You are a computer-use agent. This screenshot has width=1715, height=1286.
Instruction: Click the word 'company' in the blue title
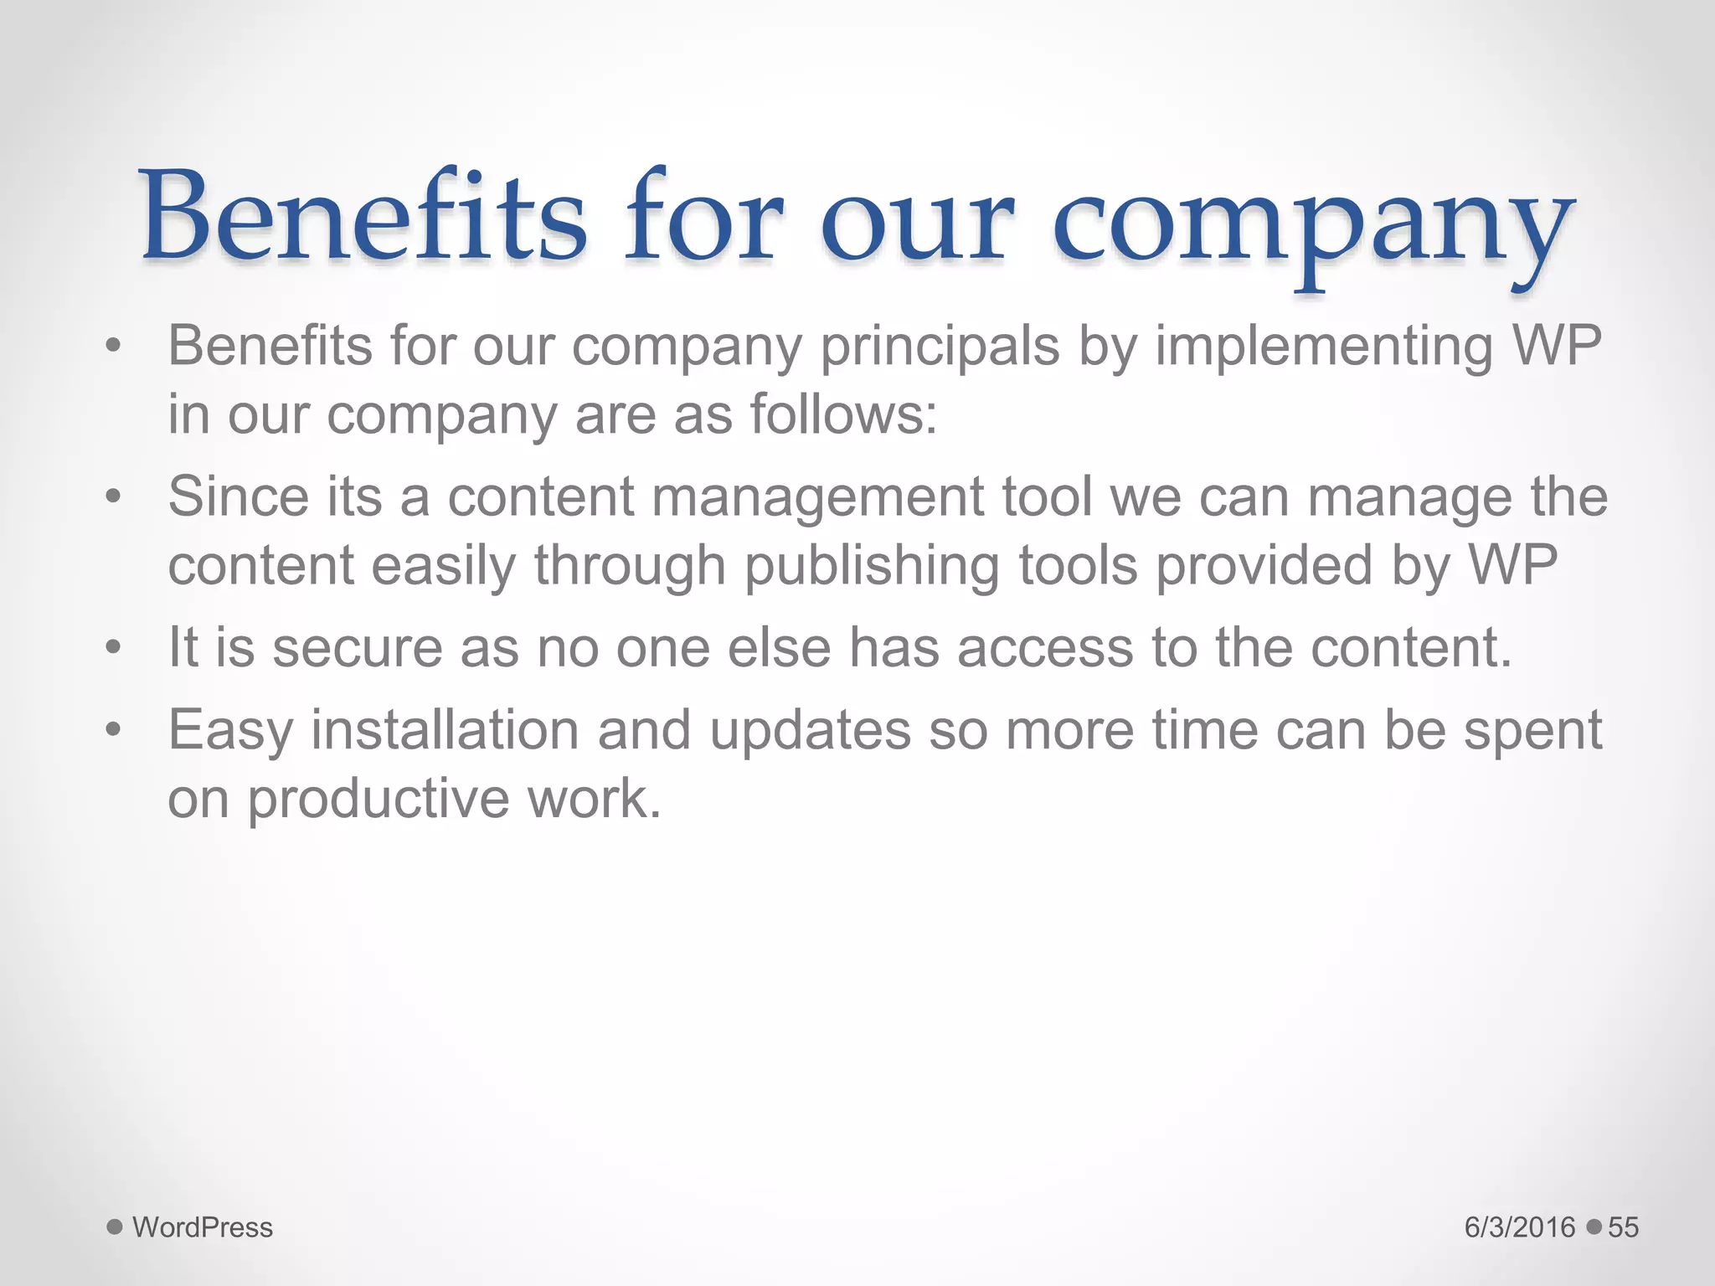(x=1312, y=226)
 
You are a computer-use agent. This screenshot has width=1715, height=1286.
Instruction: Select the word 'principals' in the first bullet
(x=940, y=347)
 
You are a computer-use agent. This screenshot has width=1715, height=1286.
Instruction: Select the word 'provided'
(x=1264, y=565)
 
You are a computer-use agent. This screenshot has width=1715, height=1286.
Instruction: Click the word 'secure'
(x=358, y=648)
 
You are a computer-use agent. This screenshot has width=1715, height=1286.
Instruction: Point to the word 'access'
(x=1045, y=648)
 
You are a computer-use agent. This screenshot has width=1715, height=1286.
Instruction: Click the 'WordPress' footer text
(x=203, y=1227)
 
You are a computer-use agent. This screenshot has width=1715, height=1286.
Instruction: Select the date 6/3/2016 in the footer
(x=1520, y=1227)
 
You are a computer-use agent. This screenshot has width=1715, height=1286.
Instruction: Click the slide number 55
(x=1623, y=1227)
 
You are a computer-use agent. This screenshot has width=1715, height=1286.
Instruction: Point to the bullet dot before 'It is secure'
(x=114, y=647)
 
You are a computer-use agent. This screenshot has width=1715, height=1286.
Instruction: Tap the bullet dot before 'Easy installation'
(x=114, y=729)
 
